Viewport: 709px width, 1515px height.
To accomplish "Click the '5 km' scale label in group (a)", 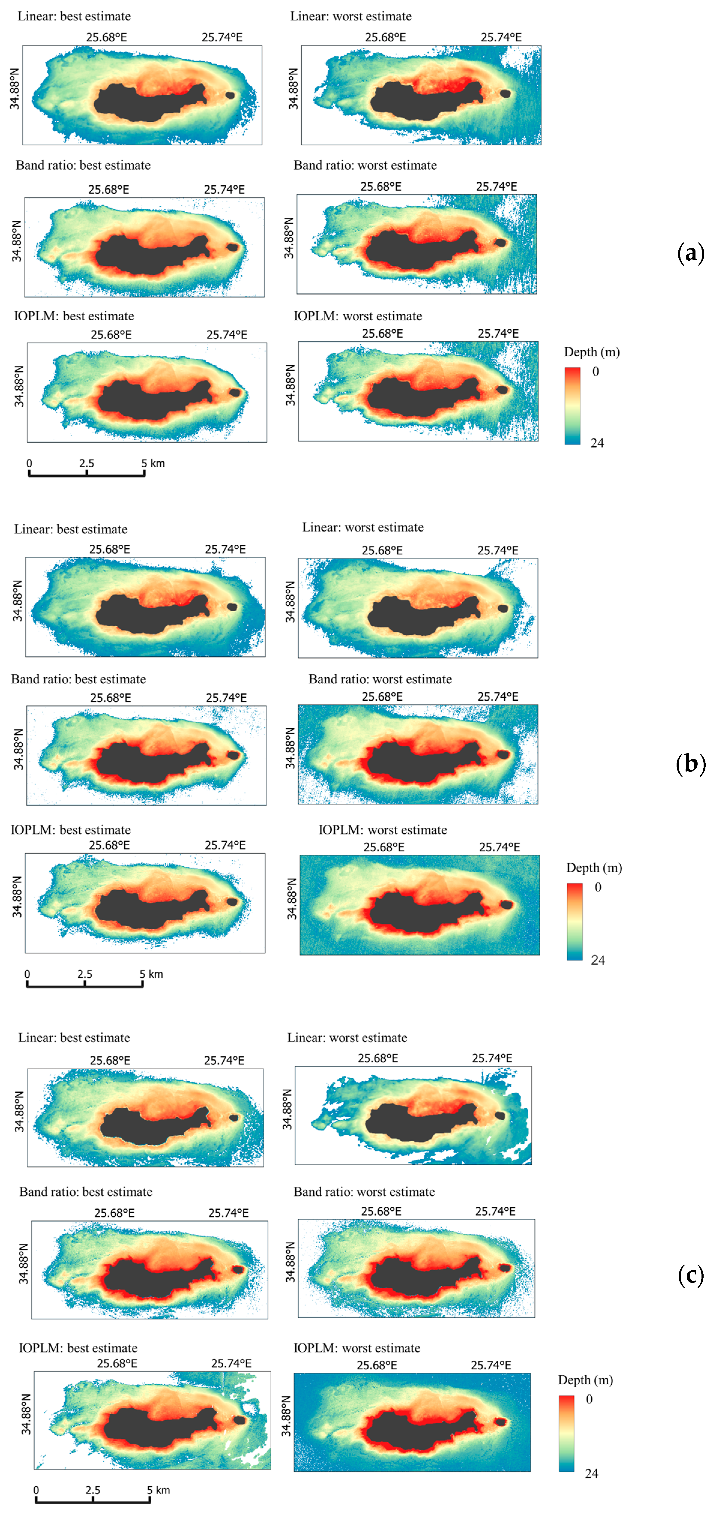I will (x=153, y=463).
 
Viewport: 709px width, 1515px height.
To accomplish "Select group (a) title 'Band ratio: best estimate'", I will (x=83, y=165).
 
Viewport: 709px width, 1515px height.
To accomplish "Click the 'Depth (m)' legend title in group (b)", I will (x=594, y=867).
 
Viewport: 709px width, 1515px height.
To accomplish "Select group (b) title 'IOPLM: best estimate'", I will (x=71, y=830).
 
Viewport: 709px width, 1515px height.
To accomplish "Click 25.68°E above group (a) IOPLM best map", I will (x=111, y=335).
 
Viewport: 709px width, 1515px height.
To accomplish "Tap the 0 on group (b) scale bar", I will (x=27, y=974).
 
